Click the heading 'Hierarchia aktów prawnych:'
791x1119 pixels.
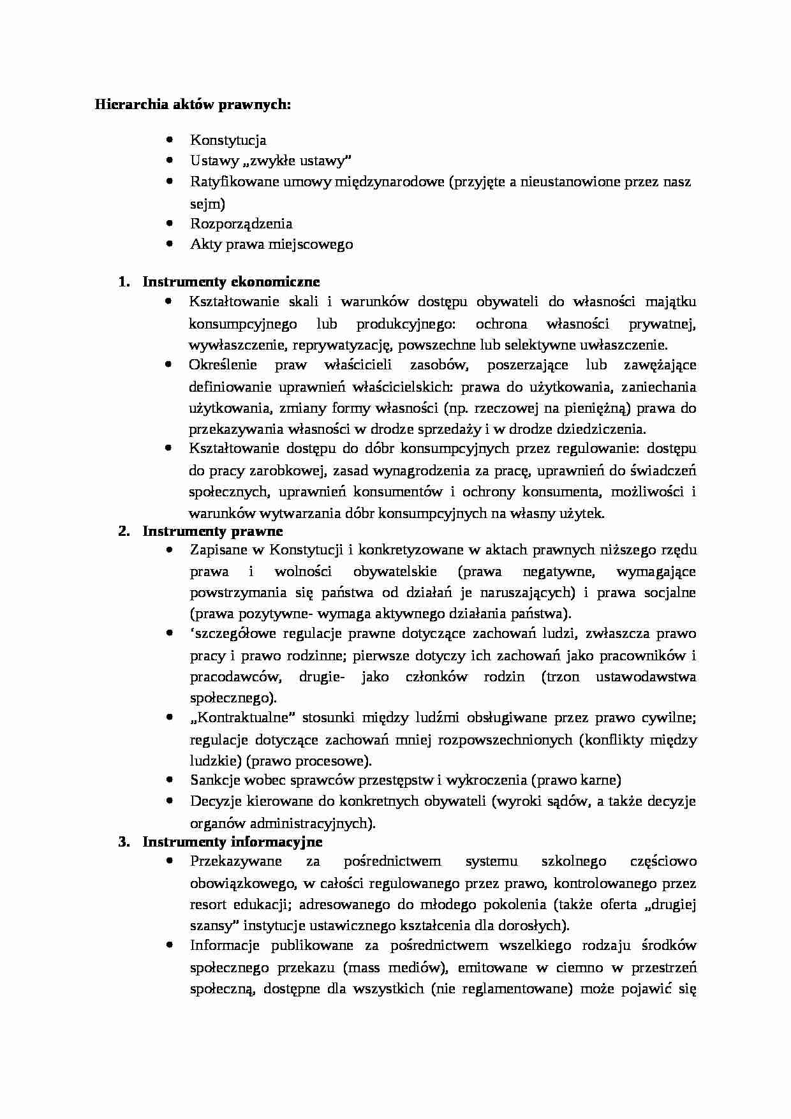coord(193,104)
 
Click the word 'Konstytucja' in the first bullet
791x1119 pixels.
coord(228,140)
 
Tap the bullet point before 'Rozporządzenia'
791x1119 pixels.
coord(169,223)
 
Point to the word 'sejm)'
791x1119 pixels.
coord(207,204)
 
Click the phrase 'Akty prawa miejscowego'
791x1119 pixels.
coord(271,244)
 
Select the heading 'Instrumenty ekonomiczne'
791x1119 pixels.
coord(231,281)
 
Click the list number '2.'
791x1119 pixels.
coord(125,531)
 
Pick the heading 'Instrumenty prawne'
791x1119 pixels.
coord(212,531)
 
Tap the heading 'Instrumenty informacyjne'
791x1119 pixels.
coord(232,841)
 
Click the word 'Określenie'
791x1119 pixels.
coord(223,366)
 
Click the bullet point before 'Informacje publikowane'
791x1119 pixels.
coord(169,945)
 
